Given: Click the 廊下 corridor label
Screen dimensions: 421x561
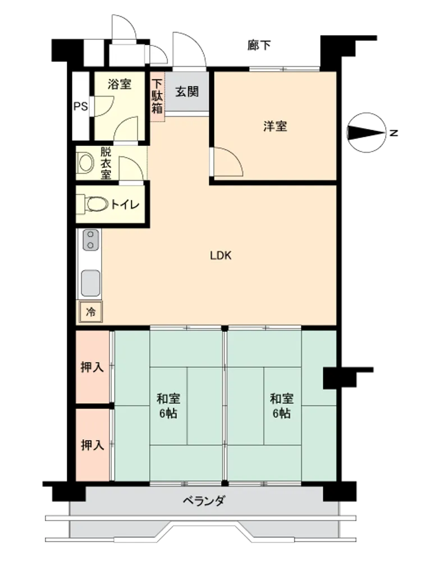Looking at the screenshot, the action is click(259, 45).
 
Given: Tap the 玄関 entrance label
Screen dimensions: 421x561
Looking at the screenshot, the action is click(187, 91).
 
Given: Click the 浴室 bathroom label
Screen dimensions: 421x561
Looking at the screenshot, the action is click(120, 84).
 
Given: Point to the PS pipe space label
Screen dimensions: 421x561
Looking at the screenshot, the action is click(80, 107).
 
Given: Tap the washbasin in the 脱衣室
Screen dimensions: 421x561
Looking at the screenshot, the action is click(85, 163).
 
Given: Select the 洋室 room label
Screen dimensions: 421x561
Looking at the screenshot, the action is click(275, 126).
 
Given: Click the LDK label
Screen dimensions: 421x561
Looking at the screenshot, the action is click(221, 255).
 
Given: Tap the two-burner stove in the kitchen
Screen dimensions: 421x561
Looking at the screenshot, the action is click(90, 240).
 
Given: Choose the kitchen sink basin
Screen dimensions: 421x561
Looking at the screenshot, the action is click(90, 283).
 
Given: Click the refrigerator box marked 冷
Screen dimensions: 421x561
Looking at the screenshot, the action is click(91, 311).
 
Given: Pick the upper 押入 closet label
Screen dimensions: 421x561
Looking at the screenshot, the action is click(92, 367).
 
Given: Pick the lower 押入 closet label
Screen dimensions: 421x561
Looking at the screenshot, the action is click(92, 445).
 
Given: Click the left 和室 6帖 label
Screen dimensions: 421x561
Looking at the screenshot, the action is click(168, 406).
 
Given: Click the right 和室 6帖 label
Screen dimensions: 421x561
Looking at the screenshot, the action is click(281, 406).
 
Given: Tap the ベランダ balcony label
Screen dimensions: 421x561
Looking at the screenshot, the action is click(204, 500).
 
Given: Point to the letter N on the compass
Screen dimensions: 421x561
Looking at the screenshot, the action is click(394, 133).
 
